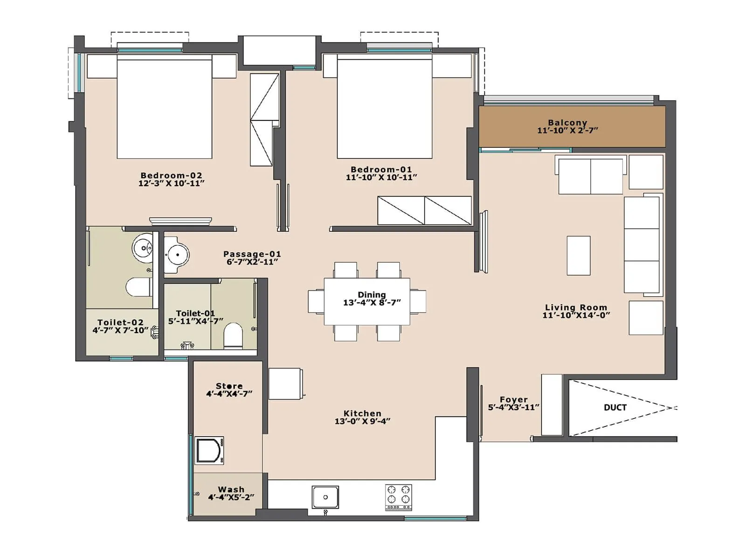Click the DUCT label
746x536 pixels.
[x=615, y=407]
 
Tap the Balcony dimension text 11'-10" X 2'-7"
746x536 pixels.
[x=567, y=131]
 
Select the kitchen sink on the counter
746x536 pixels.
[x=325, y=497]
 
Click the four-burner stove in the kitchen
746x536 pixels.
[x=398, y=496]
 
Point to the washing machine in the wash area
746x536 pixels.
[x=209, y=450]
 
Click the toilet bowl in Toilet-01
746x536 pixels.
[x=233, y=336]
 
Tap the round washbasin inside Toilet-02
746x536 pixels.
[x=143, y=247]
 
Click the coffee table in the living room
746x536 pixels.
[x=578, y=255]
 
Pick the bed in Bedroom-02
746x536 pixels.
[x=164, y=107]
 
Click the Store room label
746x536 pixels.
[x=229, y=386]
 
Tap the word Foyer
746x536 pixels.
[x=513, y=399]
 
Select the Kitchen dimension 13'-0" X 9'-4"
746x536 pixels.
[x=362, y=421]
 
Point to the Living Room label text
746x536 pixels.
[x=576, y=307]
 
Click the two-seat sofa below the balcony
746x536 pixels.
[x=590, y=176]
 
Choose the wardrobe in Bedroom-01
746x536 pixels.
[x=424, y=210]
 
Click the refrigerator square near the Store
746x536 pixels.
[x=284, y=384]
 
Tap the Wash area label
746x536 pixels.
[x=231, y=489]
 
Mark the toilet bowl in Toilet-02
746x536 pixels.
[x=138, y=287]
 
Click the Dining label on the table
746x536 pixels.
[x=372, y=294]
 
